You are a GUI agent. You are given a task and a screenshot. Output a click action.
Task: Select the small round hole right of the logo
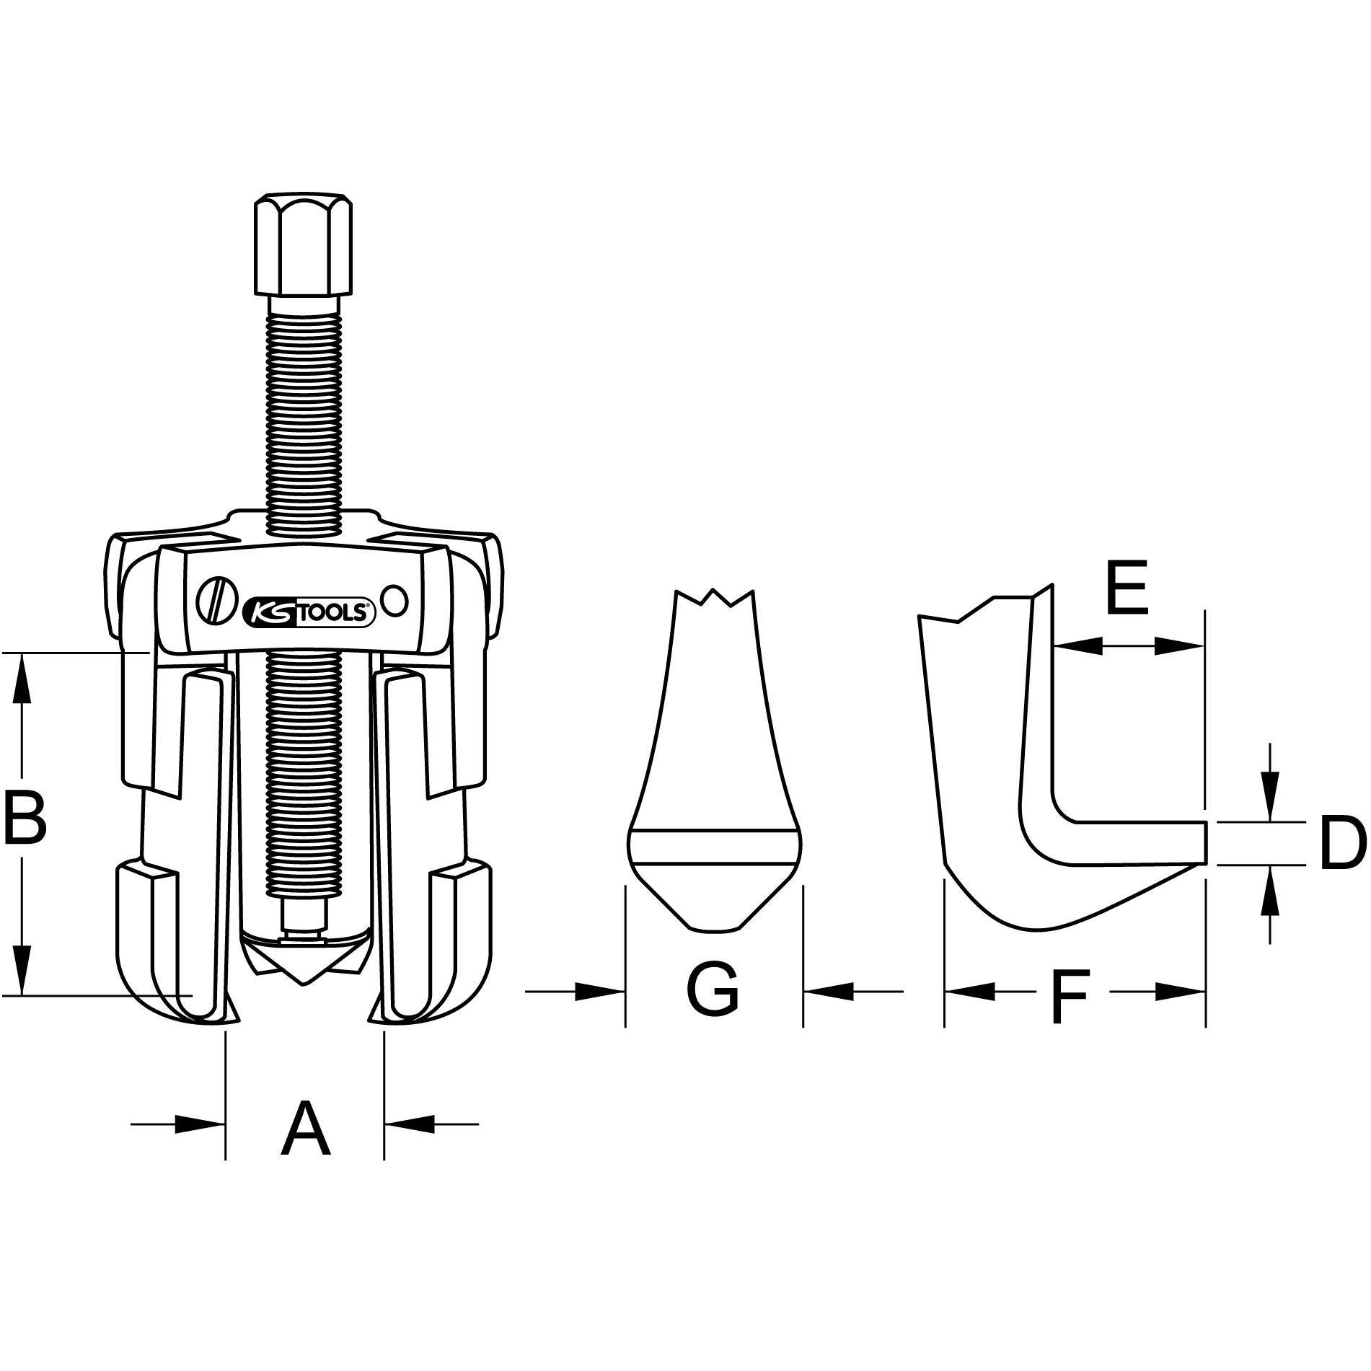395,601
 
